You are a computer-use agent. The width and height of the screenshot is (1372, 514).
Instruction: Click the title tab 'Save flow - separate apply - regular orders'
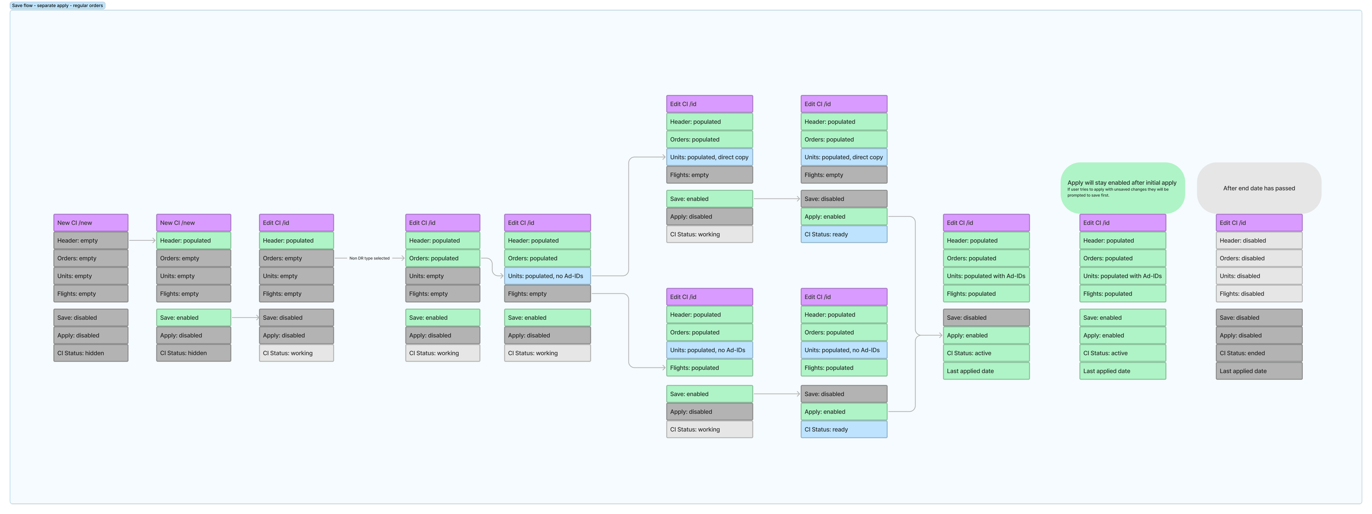pos(58,5)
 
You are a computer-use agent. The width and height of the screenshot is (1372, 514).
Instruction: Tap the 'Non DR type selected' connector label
pos(369,258)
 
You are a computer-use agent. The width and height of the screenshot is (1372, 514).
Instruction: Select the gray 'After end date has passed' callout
pos(1259,188)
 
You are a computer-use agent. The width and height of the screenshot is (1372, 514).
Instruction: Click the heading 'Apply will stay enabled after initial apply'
pos(1122,183)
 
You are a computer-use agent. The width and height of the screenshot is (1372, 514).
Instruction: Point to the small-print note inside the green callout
pos(1118,193)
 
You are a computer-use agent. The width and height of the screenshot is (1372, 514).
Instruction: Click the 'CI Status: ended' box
pos(1259,353)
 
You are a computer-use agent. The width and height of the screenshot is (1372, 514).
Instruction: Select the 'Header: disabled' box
pos(1259,241)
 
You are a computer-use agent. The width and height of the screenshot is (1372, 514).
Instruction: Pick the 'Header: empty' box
pos(91,241)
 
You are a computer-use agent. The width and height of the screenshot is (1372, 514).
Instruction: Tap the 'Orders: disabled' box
pos(1259,258)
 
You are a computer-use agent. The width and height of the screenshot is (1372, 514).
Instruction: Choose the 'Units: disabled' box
pos(1259,276)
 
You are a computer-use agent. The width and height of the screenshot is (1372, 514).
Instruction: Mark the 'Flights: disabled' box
pos(1259,294)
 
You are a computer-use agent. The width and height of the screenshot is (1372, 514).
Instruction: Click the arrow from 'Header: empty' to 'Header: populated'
pos(142,241)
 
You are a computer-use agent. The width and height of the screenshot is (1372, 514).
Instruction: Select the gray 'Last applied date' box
pos(1259,371)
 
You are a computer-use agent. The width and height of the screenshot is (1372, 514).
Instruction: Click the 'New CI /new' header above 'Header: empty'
pos(91,223)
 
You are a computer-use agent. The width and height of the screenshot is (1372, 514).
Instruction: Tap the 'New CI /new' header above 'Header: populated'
pos(193,223)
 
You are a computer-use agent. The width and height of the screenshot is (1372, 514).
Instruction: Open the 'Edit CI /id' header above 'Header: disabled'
pos(1259,223)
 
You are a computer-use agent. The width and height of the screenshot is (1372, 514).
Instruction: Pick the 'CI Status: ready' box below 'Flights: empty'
pos(844,235)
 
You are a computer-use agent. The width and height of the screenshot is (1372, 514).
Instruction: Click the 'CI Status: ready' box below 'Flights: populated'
pos(844,430)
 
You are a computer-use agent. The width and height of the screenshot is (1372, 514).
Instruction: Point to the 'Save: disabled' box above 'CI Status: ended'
pos(1259,318)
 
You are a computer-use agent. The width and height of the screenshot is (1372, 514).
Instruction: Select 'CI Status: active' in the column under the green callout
pos(1122,353)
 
